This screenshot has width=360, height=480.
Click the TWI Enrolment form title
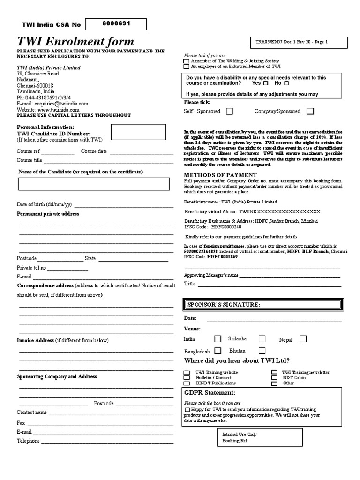(x=75, y=42)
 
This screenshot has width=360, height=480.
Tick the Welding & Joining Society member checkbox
(x=187, y=61)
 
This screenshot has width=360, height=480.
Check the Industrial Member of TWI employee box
(x=187, y=67)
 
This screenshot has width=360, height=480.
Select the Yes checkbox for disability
(x=266, y=83)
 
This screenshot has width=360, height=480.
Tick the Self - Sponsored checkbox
(x=229, y=111)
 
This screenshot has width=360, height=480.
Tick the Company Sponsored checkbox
(x=310, y=111)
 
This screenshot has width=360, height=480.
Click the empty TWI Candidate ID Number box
(x=138, y=132)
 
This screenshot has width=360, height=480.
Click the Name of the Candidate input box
(x=94, y=184)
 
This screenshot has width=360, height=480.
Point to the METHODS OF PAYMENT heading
(x=213, y=175)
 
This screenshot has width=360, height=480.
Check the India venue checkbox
(x=217, y=338)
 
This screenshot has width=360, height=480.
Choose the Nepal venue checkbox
(x=303, y=338)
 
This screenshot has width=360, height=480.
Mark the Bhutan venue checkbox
(x=262, y=350)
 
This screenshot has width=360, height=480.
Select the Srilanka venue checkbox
(x=262, y=338)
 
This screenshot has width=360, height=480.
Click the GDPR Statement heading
(x=209, y=392)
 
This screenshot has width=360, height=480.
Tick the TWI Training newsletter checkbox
(x=274, y=372)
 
